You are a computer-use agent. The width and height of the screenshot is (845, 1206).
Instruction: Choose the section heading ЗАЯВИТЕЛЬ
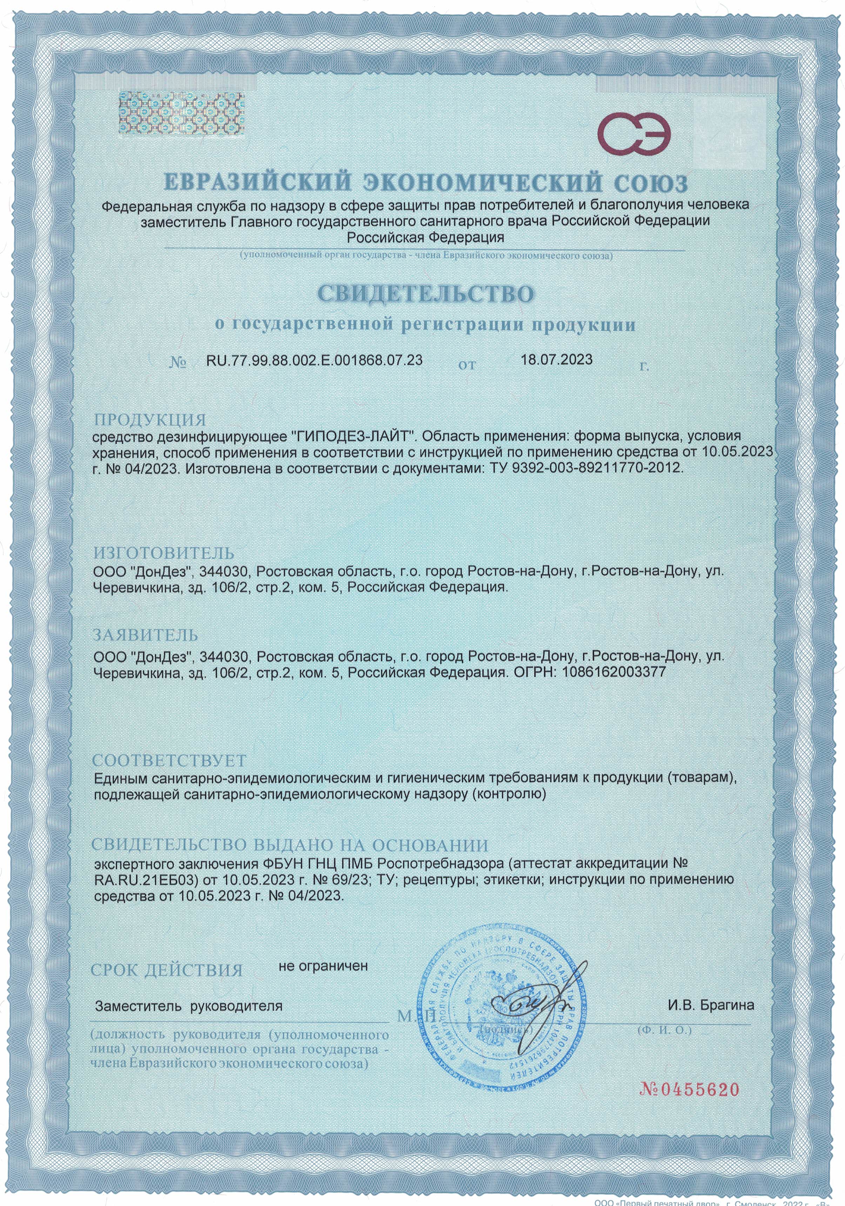click(x=146, y=635)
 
